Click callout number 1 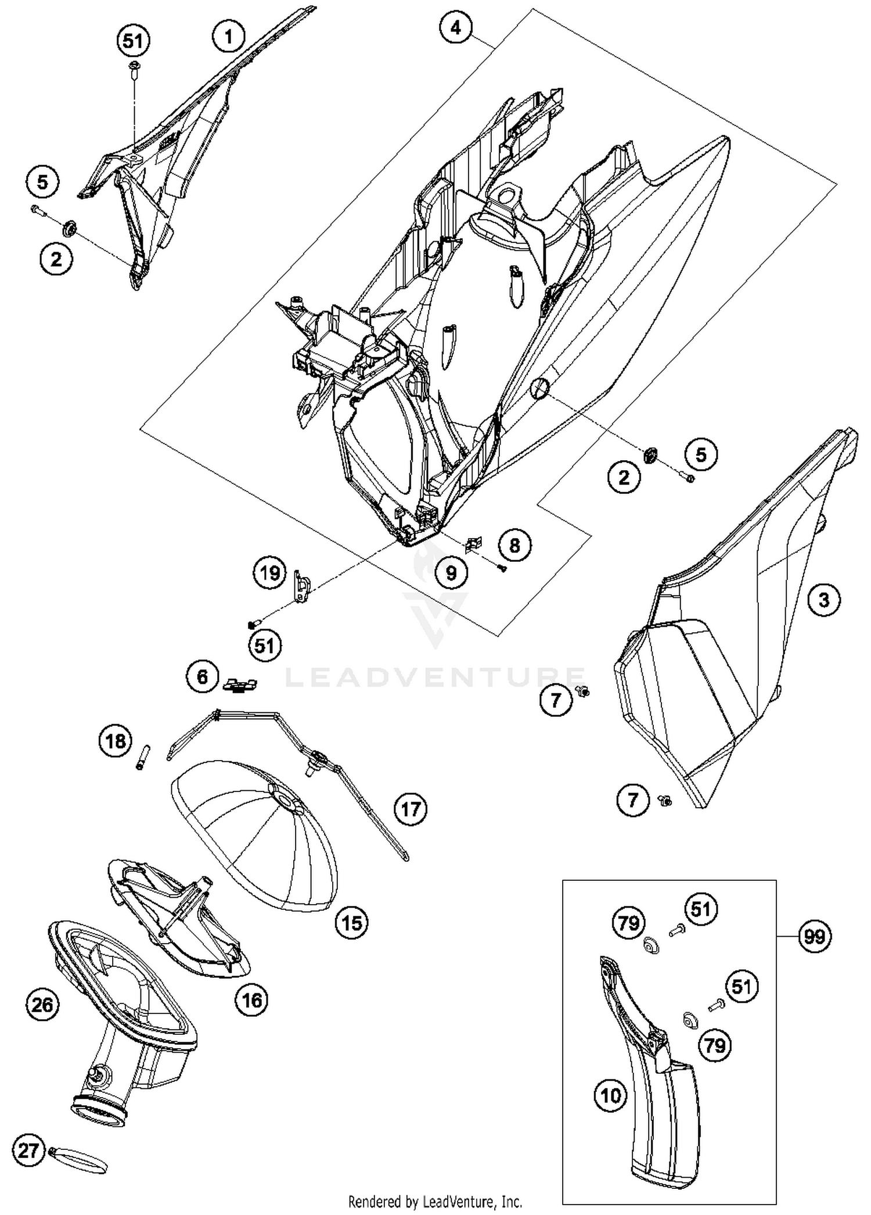pyautogui.click(x=228, y=37)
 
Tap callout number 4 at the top pyautogui.click(x=456, y=27)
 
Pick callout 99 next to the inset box pyautogui.click(x=814, y=937)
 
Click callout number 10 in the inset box pyautogui.click(x=611, y=1096)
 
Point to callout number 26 pyautogui.click(x=42, y=1005)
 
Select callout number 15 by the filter pyautogui.click(x=352, y=923)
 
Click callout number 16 pyautogui.click(x=251, y=1000)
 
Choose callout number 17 pyautogui.click(x=411, y=808)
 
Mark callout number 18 pyautogui.click(x=116, y=741)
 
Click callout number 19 pyautogui.click(x=269, y=574)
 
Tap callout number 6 pyautogui.click(x=202, y=677)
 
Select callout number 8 pyautogui.click(x=514, y=545)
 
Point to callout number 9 pyautogui.click(x=451, y=574)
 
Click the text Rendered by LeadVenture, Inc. pyautogui.click(x=435, y=1201)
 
